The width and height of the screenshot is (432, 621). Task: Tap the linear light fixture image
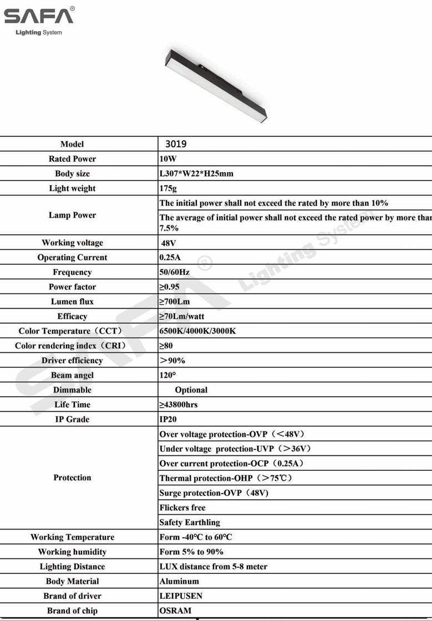click(216, 86)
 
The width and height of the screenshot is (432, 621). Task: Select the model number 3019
click(176, 144)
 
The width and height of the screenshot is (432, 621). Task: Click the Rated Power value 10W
click(167, 159)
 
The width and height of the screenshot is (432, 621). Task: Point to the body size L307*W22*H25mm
click(196, 174)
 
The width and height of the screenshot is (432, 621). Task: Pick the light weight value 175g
click(168, 188)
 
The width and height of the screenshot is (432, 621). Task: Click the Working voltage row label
click(72, 243)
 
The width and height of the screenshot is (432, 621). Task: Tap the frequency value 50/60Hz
click(174, 272)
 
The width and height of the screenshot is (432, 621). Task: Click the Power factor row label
click(72, 287)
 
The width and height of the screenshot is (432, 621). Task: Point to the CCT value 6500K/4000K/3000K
click(197, 331)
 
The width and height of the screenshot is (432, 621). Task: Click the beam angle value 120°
click(167, 375)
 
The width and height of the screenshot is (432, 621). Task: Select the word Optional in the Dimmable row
click(191, 390)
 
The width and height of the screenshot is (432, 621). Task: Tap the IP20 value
click(168, 419)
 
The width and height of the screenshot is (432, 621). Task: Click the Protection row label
click(72, 478)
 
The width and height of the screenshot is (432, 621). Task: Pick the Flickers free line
click(182, 507)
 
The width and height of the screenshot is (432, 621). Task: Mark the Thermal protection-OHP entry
click(225, 478)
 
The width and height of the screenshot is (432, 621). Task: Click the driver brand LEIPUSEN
click(181, 596)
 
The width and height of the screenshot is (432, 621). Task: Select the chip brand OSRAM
click(175, 610)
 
